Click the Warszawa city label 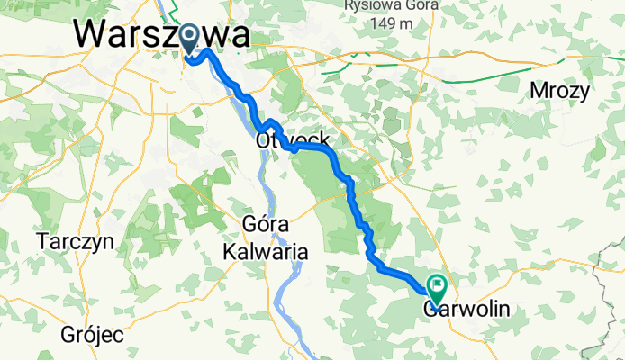click(162, 35)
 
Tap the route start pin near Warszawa click(191, 38)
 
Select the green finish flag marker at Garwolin click(438, 290)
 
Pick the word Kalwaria click(266, 253)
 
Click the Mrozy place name click(560, 91)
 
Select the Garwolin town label click(466, 310)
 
